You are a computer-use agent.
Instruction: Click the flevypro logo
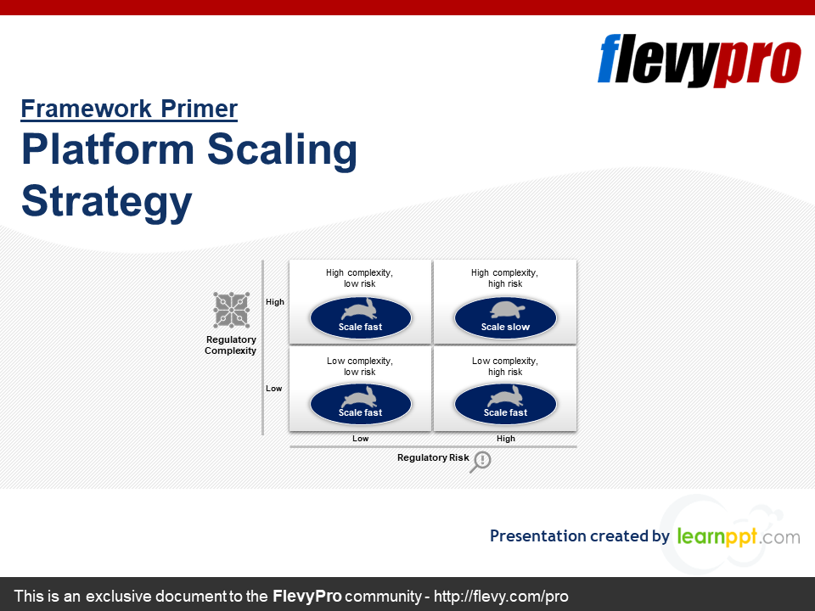coord(699,60)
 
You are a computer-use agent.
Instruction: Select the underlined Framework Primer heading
coord(129,109)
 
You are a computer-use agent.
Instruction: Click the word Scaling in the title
coord(282,150)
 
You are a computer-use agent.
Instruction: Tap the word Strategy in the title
coord(107,202)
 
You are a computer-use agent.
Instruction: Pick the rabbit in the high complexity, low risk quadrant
coord(359,309)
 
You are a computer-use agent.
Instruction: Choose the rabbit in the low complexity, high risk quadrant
coord(505,396)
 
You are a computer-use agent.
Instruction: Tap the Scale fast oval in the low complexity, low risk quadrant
coord(361,404)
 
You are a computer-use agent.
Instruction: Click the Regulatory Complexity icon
coord(231,311)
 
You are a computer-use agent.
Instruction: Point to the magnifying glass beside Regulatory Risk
coord(481,462)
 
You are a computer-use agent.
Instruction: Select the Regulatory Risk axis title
coord(433,457)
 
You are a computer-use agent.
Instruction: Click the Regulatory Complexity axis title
coord(231,345)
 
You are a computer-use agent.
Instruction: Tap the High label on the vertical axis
coord(275,302)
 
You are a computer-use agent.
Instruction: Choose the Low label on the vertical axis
coord(274,388)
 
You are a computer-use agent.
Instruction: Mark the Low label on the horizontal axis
coord(360,439)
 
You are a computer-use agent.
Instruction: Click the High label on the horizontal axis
coord(506,439)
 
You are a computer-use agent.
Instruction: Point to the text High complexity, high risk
coord(504,278)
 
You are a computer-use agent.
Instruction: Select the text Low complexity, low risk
coord(360,367)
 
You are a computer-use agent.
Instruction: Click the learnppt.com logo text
coord(739,536)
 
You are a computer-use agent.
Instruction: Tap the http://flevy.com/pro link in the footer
coord(501,596)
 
